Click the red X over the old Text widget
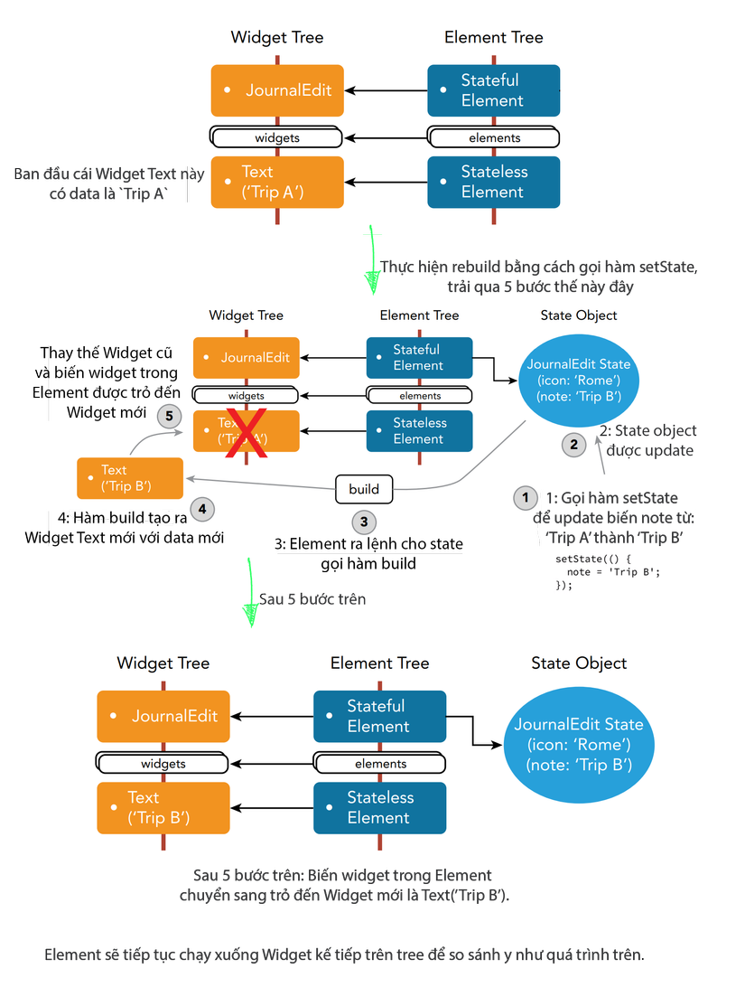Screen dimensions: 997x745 click(250, 432)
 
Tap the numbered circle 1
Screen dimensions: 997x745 click(525, 497)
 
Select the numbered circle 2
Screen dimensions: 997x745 click(573, 444)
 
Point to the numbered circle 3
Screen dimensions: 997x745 click(364, 522)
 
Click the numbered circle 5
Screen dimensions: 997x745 click(169, 416)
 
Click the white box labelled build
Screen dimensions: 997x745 click(364, 489)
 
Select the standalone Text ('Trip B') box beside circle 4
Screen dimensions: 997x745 click(130, 478)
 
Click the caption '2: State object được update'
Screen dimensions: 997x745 click(647, 440)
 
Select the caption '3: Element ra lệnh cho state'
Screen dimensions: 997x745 click(368, 543)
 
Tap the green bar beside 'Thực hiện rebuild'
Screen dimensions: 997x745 click(372, 265)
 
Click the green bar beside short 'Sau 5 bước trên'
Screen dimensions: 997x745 click(250, 592)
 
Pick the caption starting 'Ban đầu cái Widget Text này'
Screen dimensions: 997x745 click(110, 182)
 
